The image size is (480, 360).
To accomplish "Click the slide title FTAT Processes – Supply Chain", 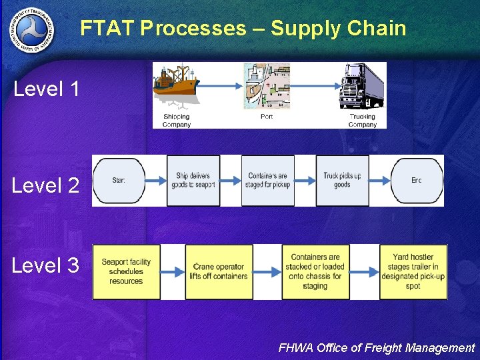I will pos(243,28).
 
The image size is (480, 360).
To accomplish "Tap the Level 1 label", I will pos(47,89).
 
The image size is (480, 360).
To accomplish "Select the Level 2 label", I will pos(45,185).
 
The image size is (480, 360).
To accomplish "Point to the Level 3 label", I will pos(45,265).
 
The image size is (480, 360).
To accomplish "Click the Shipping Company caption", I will pos(177,120).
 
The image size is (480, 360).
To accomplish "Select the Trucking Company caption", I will pos(363,120).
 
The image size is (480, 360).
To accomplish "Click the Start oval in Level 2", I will pos(119,181).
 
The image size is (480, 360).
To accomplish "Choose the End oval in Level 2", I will pos(417,181).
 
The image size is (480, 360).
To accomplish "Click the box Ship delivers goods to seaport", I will pos(195,181).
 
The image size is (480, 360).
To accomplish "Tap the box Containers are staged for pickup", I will pos(268,181).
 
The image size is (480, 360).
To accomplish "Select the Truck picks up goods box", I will pos(342,181).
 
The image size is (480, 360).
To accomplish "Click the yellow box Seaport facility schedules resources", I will pos(126,271).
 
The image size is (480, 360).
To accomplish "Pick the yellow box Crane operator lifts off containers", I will pos(219,271).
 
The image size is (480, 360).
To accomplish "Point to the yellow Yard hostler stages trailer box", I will pos(413,271).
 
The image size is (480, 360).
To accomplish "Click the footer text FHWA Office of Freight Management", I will pos(376,347).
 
